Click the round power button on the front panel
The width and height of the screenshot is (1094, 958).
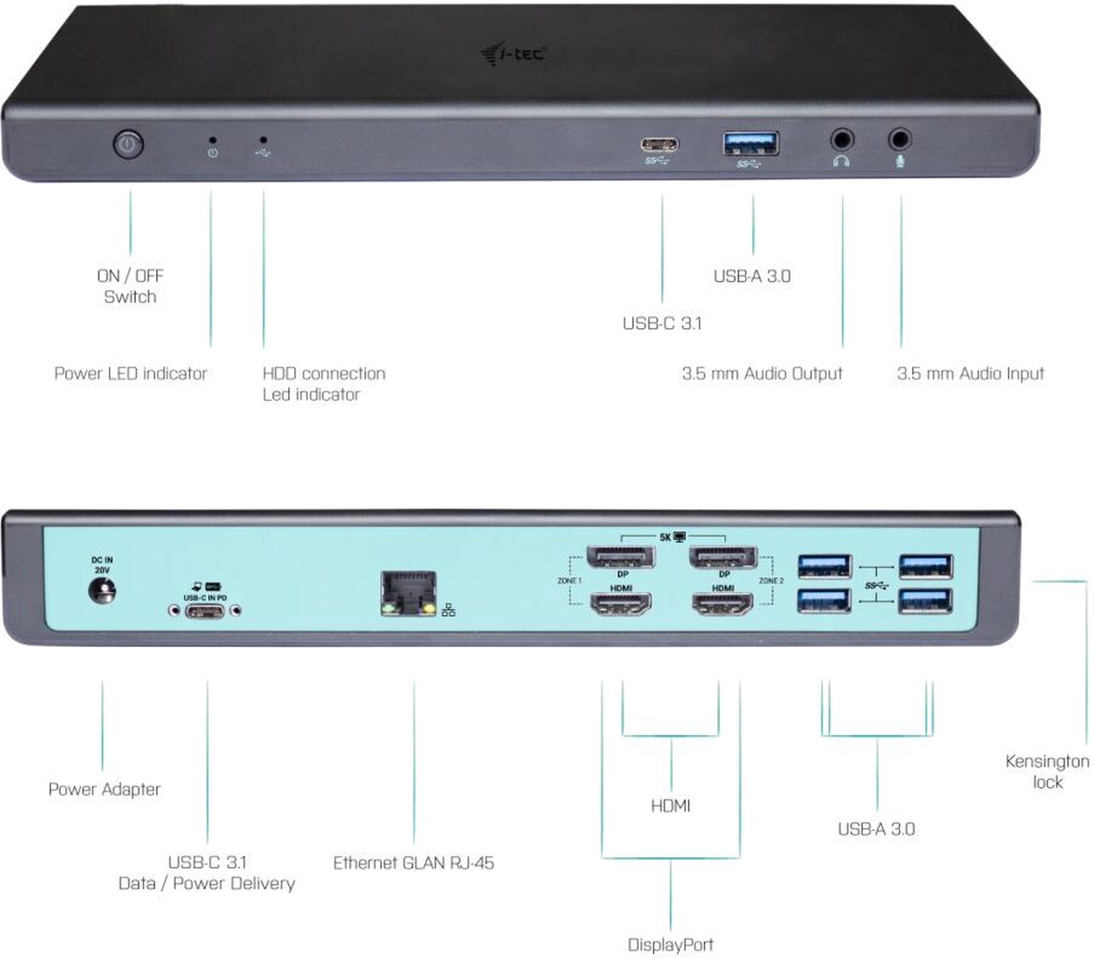coord(128,145)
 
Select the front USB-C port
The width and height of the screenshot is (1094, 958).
coord(660,144)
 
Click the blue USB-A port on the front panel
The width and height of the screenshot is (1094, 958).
coord(751,144)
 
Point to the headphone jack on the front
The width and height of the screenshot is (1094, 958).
coord(842,139)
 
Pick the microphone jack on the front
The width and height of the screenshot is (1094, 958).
coord(900,139)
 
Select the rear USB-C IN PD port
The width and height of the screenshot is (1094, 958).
coord(205,611)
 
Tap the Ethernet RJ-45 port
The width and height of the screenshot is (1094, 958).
coord(409,594)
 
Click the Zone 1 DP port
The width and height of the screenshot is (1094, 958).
coord(620,557)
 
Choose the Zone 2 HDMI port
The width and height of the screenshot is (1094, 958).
coord(723,604)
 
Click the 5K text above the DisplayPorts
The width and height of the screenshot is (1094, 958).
coord(665,538)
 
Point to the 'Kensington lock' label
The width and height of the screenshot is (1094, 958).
coord(1047,772)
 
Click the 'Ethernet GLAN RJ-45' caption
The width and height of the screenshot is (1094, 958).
coord(414,863)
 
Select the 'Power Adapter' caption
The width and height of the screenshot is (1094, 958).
coord(104,789)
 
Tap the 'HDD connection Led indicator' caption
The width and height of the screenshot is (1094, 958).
coord(324,384)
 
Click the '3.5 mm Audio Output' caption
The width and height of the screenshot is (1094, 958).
coord(762,373)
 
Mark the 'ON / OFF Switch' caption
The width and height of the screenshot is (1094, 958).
coord(130,286)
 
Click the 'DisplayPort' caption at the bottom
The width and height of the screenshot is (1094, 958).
coord(671,945)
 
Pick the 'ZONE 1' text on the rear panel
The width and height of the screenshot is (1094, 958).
coord(569,581)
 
